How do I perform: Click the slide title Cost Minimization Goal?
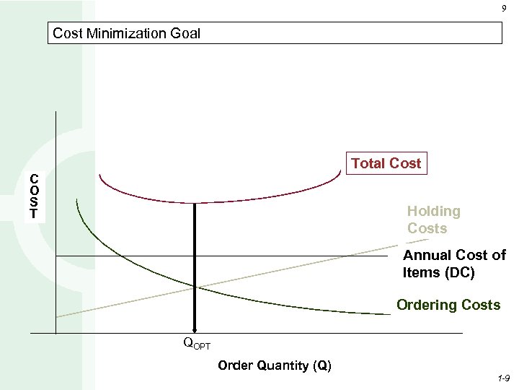[x=127, y=33]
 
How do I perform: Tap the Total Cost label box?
[x=386, y=164]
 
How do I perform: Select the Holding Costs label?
[x=433, y=220]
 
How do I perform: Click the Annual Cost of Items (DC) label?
[x=454, y=264]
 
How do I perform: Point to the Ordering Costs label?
[x=448, y=305]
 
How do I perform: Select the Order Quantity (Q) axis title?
[x=274, y=365]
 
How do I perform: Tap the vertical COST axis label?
[x=34, y=196]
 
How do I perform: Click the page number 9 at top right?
[x=503, y=9]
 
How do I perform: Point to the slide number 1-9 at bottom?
[x=503, y=378]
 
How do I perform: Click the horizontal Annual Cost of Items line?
[x=288, y=256]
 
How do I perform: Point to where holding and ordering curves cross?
[x=194, y=287]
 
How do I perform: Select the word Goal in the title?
[x=185, y=33]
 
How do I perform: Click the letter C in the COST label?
[x=34, y=179]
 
